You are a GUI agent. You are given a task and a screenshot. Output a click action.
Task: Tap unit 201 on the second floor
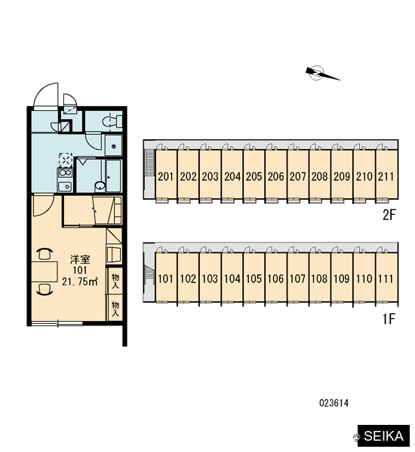click(166, 176)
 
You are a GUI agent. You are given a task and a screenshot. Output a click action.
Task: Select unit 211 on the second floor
click(386, 176)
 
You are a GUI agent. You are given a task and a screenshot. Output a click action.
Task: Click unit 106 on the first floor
click(276, 278)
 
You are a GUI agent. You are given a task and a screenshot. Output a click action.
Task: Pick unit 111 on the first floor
click(386, 278)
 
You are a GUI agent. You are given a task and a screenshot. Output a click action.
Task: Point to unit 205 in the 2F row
click(254, 176)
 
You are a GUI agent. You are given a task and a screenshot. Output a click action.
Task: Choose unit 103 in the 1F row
click(210, 278)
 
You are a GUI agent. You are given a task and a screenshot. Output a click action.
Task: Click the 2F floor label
click(389, 215)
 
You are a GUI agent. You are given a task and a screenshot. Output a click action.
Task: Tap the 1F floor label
click(389, 319)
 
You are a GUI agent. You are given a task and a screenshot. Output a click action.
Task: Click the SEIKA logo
click(383, 435)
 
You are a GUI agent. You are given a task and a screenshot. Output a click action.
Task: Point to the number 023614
click(334, 403)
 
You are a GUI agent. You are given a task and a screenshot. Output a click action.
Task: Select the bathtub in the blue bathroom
click(113, 176)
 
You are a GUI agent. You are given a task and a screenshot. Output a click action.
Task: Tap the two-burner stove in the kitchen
click(65, 173)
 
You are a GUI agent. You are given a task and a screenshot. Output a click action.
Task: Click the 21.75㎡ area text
click(80, 281)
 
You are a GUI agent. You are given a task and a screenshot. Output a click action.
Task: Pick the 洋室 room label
click(80, 259)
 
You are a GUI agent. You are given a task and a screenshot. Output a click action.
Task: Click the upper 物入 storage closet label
click(115, 281)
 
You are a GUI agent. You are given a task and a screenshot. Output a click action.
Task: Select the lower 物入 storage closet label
click(115, 308)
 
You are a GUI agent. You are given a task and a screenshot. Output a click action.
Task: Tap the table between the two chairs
click(45, 271)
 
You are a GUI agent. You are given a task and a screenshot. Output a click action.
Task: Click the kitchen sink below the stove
click(65, 187)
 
